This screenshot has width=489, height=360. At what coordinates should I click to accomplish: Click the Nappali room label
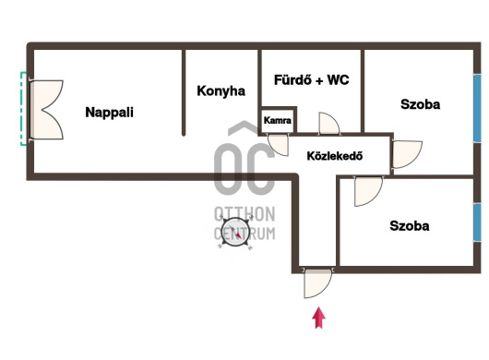tap(109, 113)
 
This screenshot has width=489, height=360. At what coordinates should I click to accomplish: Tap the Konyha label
tap(221, 91)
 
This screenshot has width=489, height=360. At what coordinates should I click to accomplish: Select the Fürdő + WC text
tap(311, 80)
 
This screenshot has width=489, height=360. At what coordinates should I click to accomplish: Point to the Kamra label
tap(277, 120)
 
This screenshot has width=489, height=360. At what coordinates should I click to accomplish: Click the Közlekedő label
tap(335, 156)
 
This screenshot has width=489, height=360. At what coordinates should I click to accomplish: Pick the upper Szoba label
tap(420, 104)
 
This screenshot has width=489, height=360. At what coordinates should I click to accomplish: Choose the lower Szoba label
tap(409, 225)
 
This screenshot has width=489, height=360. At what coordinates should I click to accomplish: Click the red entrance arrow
tap(318, 318)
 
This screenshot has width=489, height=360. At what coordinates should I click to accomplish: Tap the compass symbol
tap(235, 233)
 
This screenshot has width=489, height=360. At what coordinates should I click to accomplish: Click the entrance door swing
tap(317, 283)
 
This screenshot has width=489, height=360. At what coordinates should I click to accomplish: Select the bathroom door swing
tap(328, 124)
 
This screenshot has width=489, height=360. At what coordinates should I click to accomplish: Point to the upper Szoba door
tap(407, 154)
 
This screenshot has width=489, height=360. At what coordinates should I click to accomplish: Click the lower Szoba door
tap(368, 192)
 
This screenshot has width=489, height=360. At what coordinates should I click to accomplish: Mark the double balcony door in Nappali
tap(46, 110)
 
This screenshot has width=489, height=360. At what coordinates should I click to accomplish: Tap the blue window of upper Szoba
tap(477, 108)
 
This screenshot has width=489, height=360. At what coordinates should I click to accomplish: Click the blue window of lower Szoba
tap(477, 222)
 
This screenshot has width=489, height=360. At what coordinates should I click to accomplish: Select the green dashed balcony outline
tap(23, 109)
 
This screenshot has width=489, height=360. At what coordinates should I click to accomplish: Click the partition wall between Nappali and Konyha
tap(184, 92)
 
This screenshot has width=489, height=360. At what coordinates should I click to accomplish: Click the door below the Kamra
tap(279, 145)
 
